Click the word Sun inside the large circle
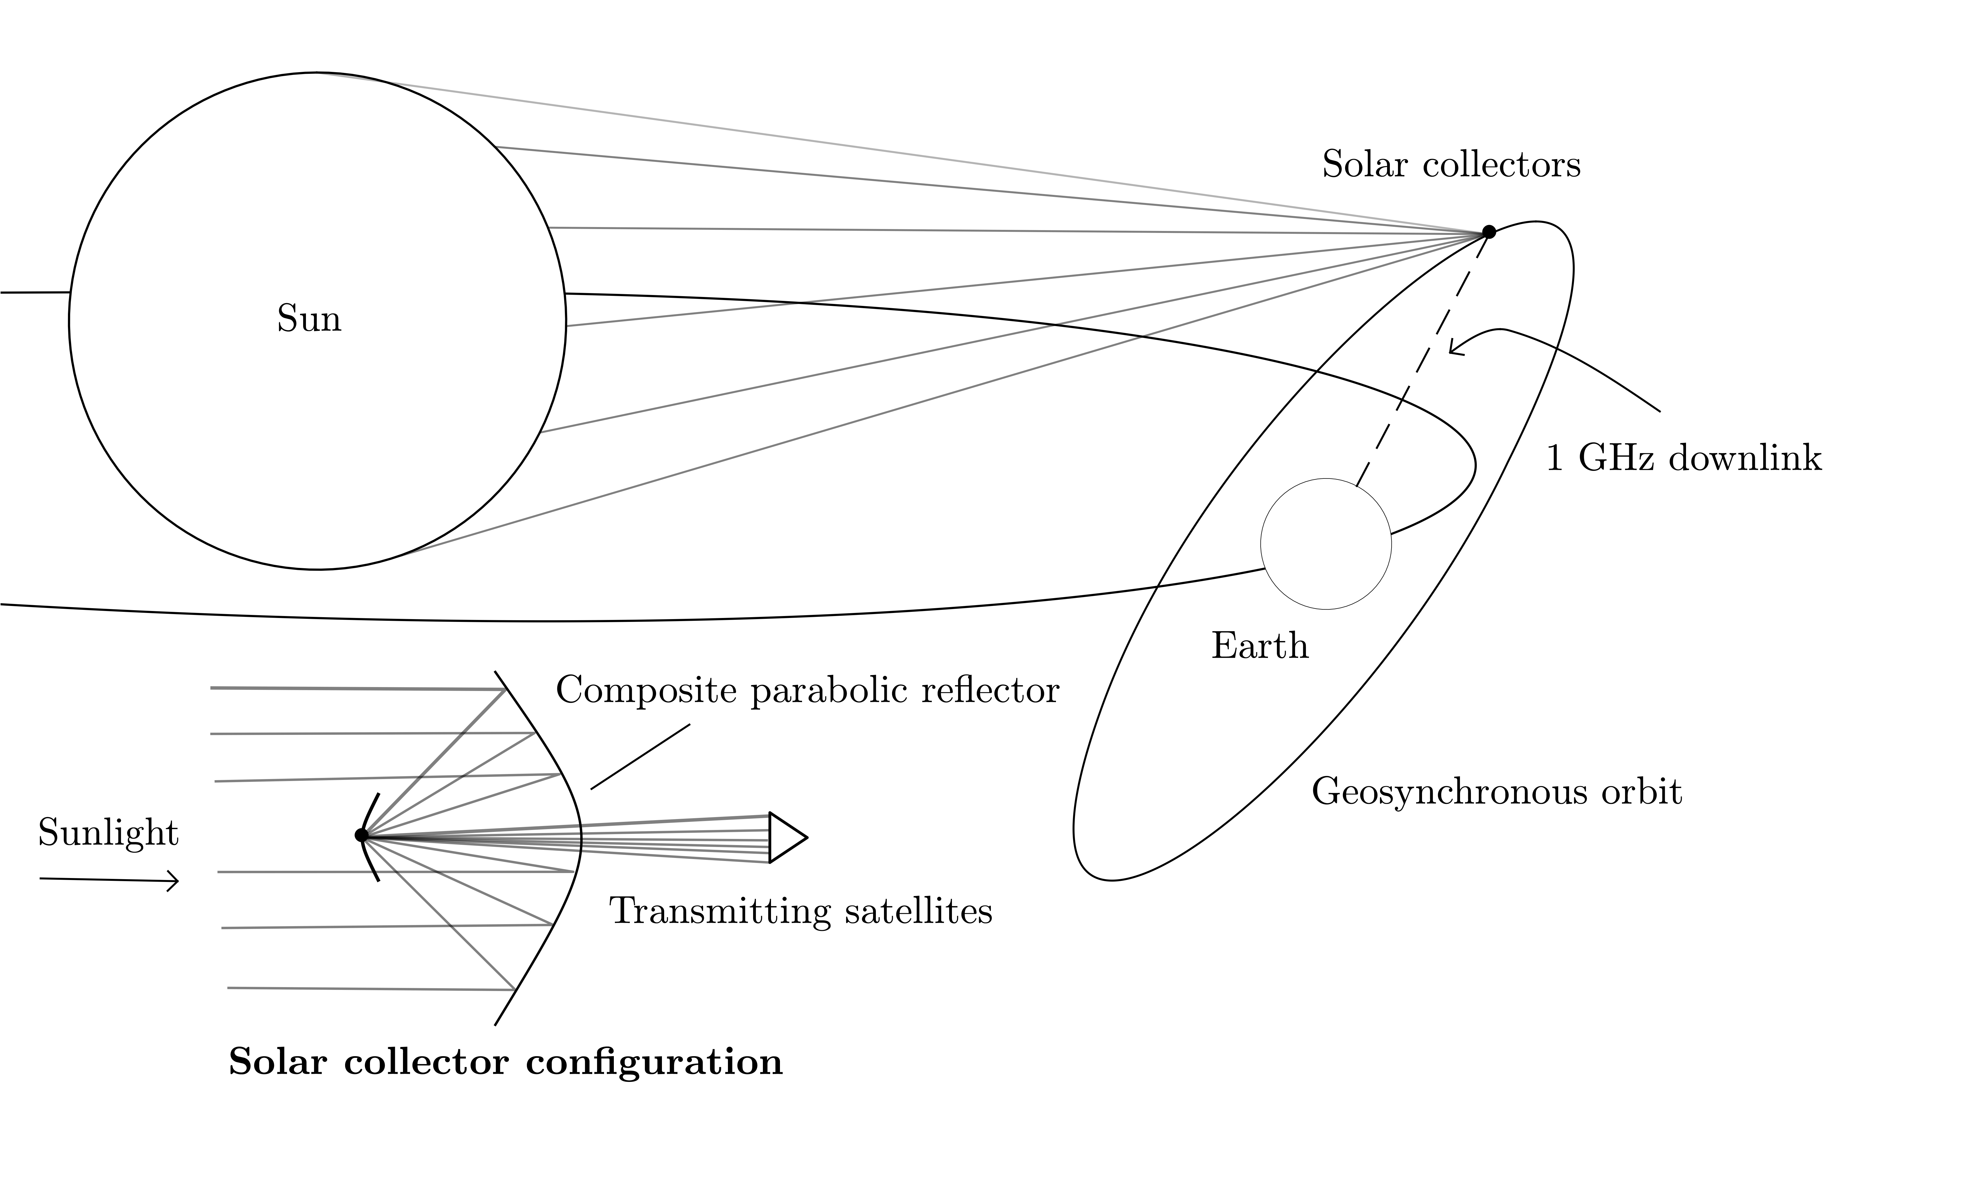308,319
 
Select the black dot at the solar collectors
1489,232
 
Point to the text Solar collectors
1451,165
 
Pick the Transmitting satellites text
801,911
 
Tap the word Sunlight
108,833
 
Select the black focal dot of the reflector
361,835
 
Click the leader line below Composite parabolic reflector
640,757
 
